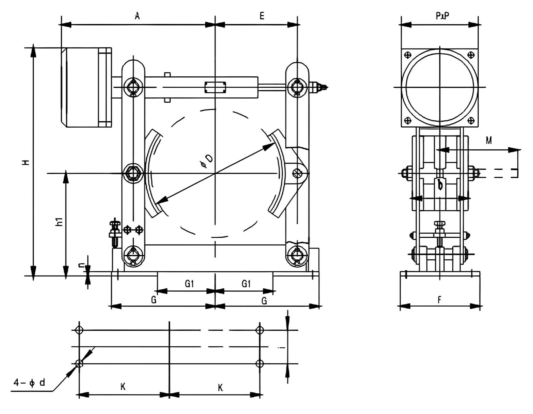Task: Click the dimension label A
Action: tap(137, 16)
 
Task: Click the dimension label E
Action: tap(262, 16)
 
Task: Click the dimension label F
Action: tap(439, 300)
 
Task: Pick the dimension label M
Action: tap(488, 141)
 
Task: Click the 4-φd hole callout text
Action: tap(29, 383)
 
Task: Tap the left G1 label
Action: tap(189, 284)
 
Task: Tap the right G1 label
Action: tap(246, 284)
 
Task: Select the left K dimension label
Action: tap(123, 387)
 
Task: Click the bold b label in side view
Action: tap(440, 184)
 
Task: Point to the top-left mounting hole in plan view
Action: tap(79, 330)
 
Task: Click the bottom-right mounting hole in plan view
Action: tap(260, 363)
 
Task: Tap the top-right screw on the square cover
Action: tap(471, 55)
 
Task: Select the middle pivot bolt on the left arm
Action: tap(133, 173)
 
